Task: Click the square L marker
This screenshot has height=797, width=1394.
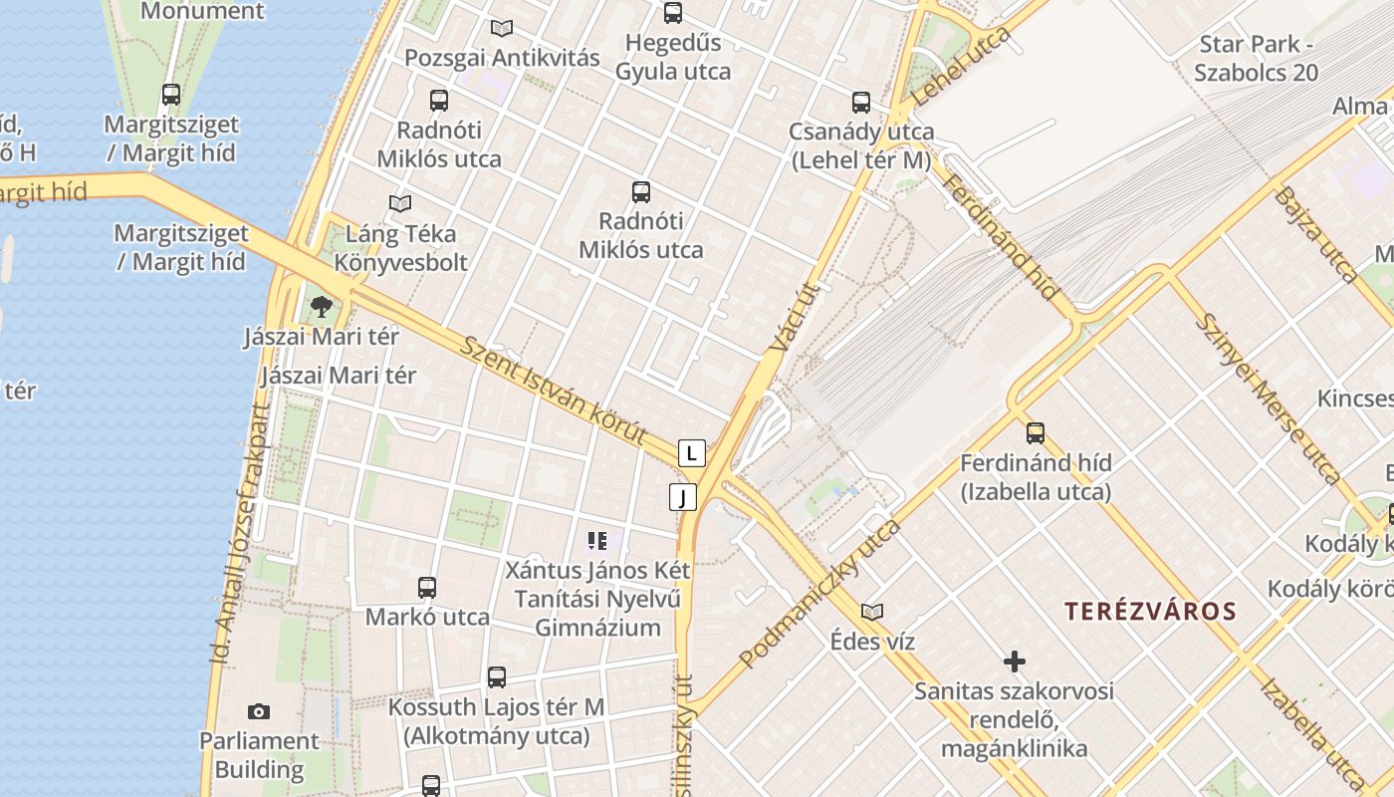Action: pos(692,453)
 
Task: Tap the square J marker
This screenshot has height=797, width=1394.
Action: pos(682,496)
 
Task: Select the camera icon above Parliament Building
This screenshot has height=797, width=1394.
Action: pos(259,711)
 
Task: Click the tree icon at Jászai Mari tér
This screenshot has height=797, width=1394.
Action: pos(321,306)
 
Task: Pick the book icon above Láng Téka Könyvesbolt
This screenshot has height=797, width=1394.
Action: pos(400,203)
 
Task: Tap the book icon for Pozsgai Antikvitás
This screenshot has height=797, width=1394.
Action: pos(502,28)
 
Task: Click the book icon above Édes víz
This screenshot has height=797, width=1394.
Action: pos(872,612)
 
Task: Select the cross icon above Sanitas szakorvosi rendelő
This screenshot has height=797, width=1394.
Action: pos(1015,661)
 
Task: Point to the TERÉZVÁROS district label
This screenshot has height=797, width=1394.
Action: pos(1150,611)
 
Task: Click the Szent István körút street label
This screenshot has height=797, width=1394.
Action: pos(554,393)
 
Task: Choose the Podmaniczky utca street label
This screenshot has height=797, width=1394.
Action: pos(819,593)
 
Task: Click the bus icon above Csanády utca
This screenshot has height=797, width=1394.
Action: pos(861,102)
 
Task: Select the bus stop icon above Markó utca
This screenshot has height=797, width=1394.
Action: pos(427,587)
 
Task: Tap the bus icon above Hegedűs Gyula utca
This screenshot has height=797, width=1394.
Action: pos(673,13)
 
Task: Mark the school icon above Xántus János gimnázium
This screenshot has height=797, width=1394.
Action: pos(597,541)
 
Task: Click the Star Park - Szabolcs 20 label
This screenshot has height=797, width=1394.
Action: pos(1257,58)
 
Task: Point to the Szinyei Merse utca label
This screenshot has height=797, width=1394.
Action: pos(1267,398)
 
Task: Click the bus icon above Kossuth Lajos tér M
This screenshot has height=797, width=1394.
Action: pos(497,677)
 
